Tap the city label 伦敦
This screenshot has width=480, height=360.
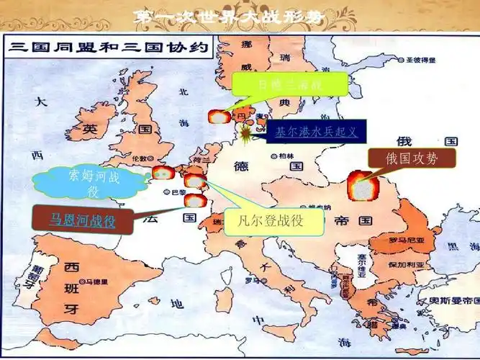[x=140, y=158]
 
